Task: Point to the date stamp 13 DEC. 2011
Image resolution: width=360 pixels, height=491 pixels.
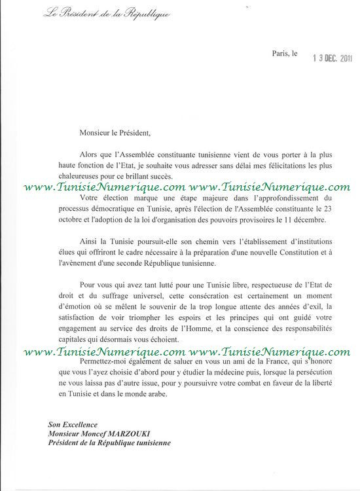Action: pyautogui.click(x=333, y=58)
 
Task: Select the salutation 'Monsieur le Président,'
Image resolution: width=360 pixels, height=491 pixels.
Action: pyautogui.click(x=115, y=133)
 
